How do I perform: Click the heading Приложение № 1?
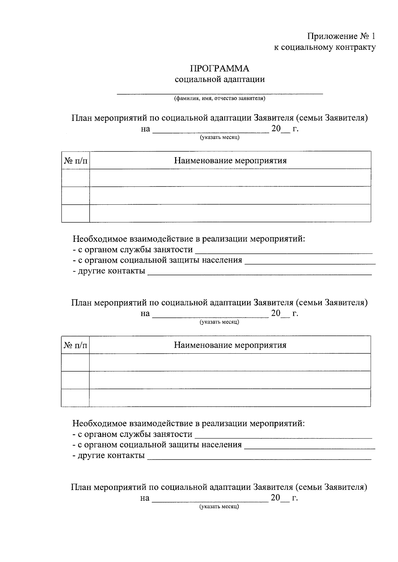pos(341,36)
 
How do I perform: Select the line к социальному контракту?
pos(324,47)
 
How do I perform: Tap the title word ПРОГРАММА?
pos(220,69)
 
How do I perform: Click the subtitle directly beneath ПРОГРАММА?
pos(220,79)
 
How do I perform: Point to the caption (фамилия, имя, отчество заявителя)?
pos(220,99)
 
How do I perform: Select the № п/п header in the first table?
pos(76,161)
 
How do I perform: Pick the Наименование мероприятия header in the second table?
pos(230,345)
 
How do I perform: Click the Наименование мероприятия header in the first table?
pos(230,161)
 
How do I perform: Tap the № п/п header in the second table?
pos(75,345)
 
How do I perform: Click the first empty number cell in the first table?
pos(76,177)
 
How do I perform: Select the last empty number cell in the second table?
pos(75,397)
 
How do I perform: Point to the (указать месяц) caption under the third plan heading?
pos(219,507)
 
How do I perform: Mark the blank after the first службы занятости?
pos(284,251)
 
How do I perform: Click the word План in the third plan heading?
pos(81,487)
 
